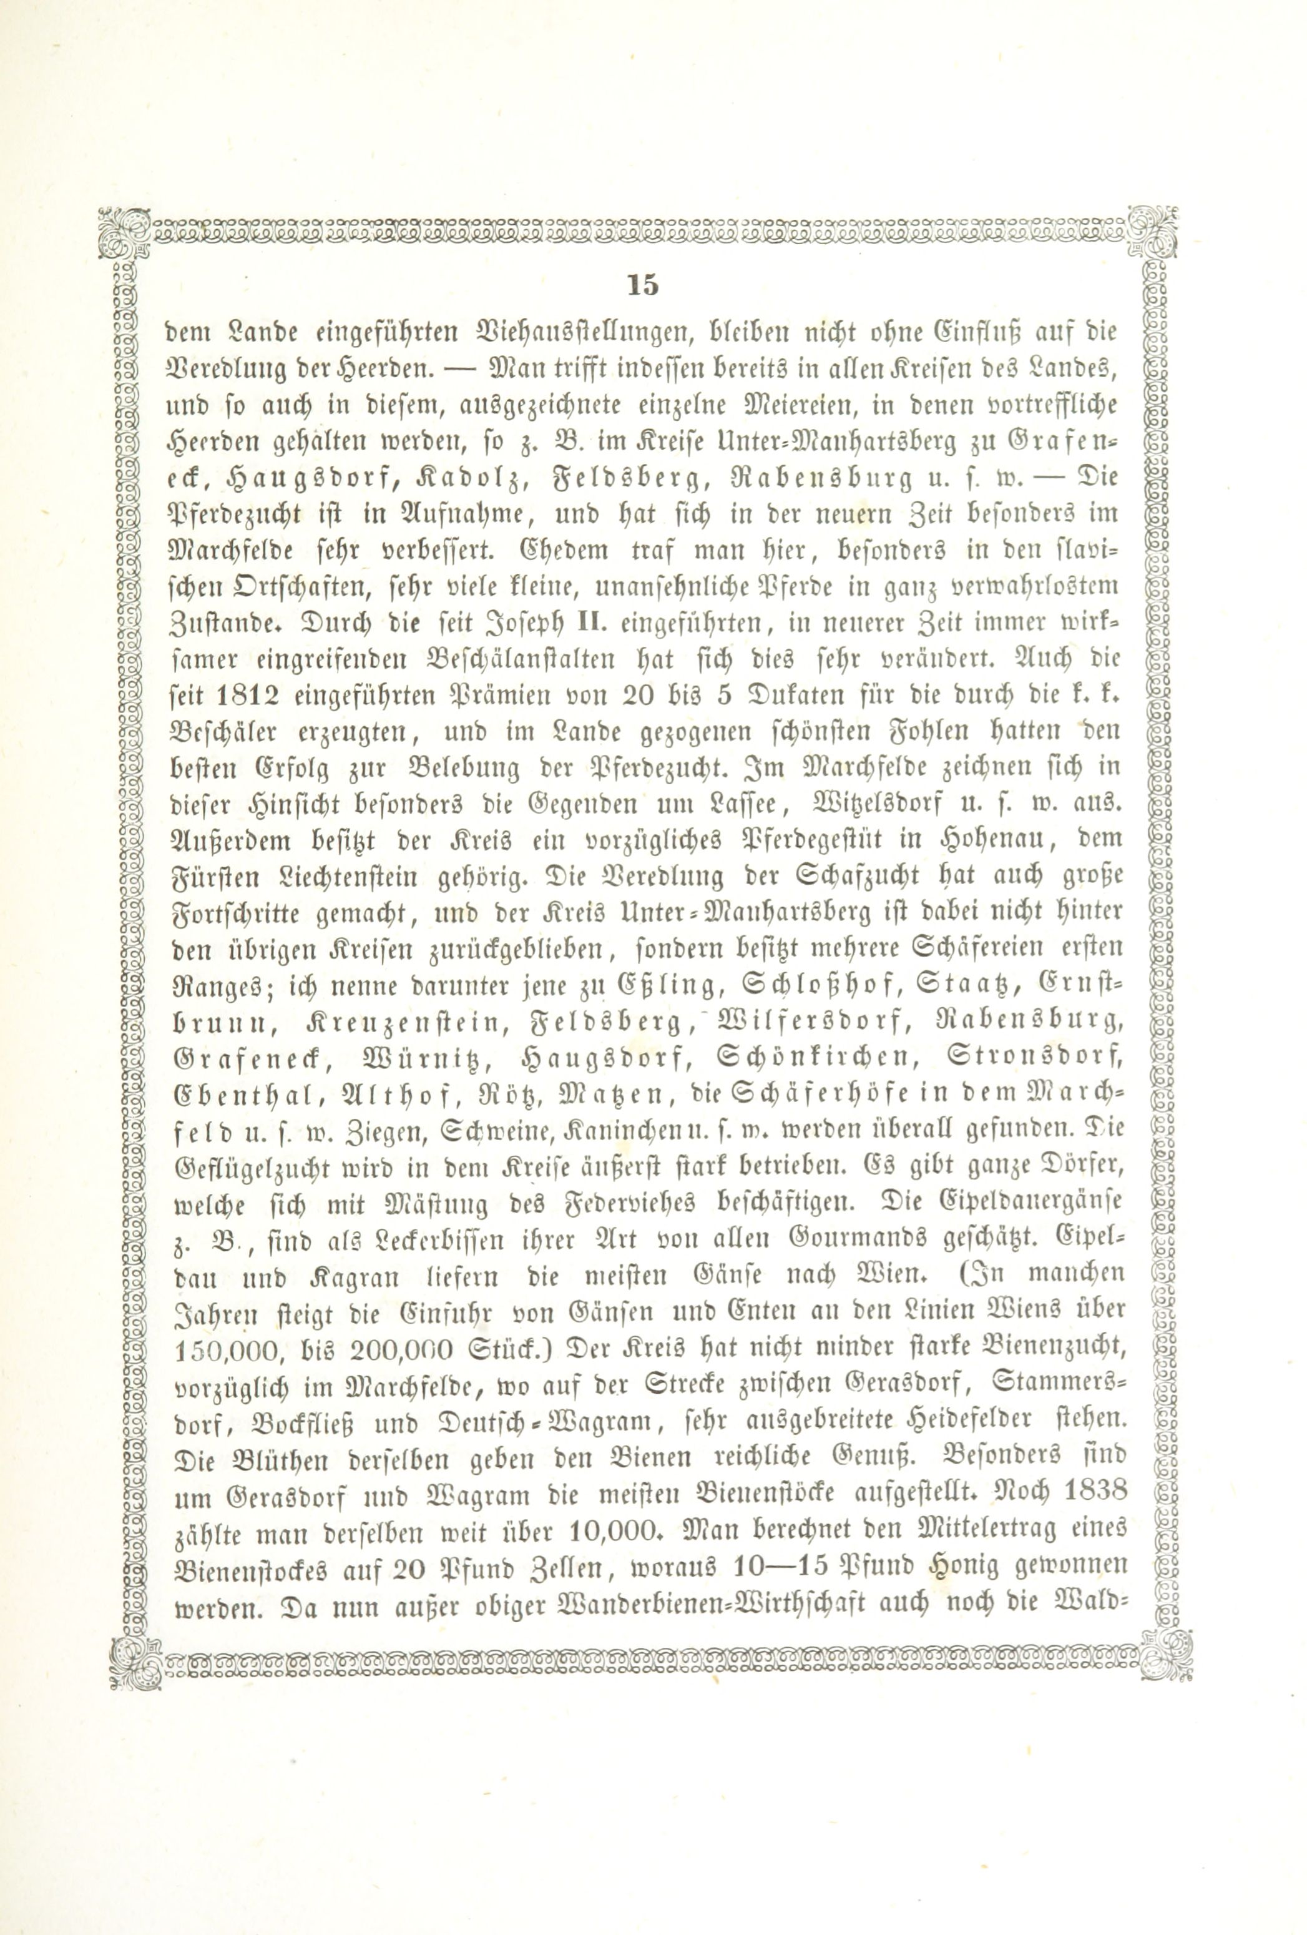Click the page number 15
(643, 285)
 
